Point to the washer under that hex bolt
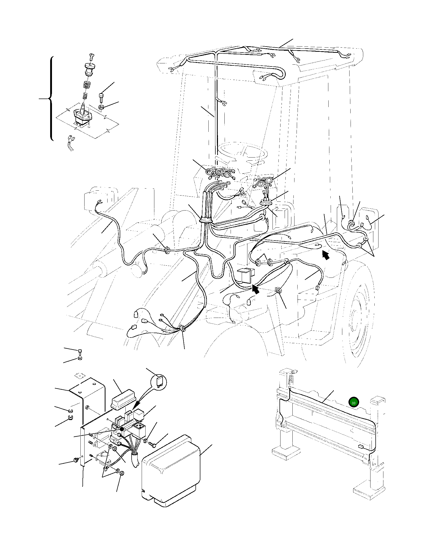coord(102,107)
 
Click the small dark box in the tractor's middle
coord(246,275)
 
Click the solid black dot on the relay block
coord(122,429)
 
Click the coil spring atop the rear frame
coord(291,380)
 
